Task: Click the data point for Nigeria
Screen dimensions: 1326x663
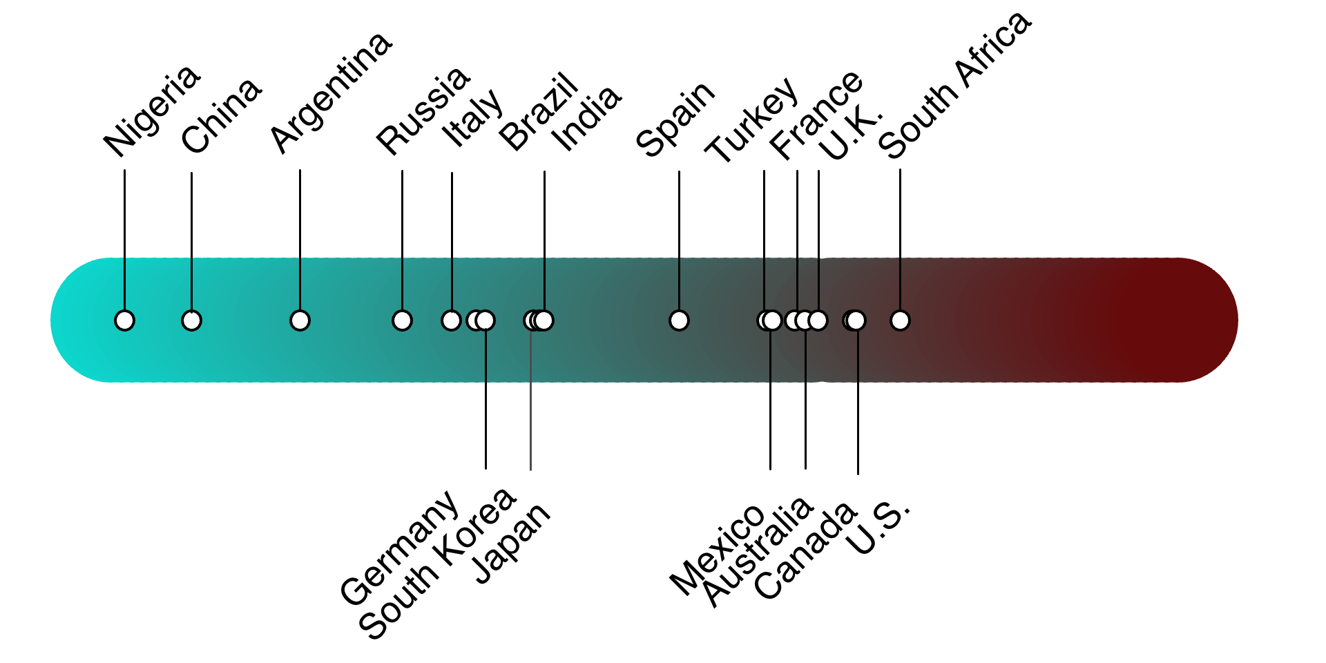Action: coord(124,320)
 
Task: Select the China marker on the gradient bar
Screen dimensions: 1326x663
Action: coord(191,320)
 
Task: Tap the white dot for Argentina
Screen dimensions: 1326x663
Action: coord(300,320)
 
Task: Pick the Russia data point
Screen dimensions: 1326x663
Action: coord(402,320)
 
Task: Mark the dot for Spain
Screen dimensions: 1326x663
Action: coord(679,320)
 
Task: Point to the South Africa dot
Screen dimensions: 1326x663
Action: coord(900,320)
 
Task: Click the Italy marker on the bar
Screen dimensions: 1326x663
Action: coord(451,320)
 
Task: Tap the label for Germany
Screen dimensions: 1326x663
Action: coord(399,548)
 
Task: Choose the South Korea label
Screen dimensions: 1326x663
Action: coord(437,563)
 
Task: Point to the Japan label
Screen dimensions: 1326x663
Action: coord(512,544)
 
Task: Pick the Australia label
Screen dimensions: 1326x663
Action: coord(757,552)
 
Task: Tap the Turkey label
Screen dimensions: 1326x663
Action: coord(752,120)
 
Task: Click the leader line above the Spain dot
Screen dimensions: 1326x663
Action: coord(679,240)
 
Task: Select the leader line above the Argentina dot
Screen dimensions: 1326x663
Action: coord(300,240)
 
